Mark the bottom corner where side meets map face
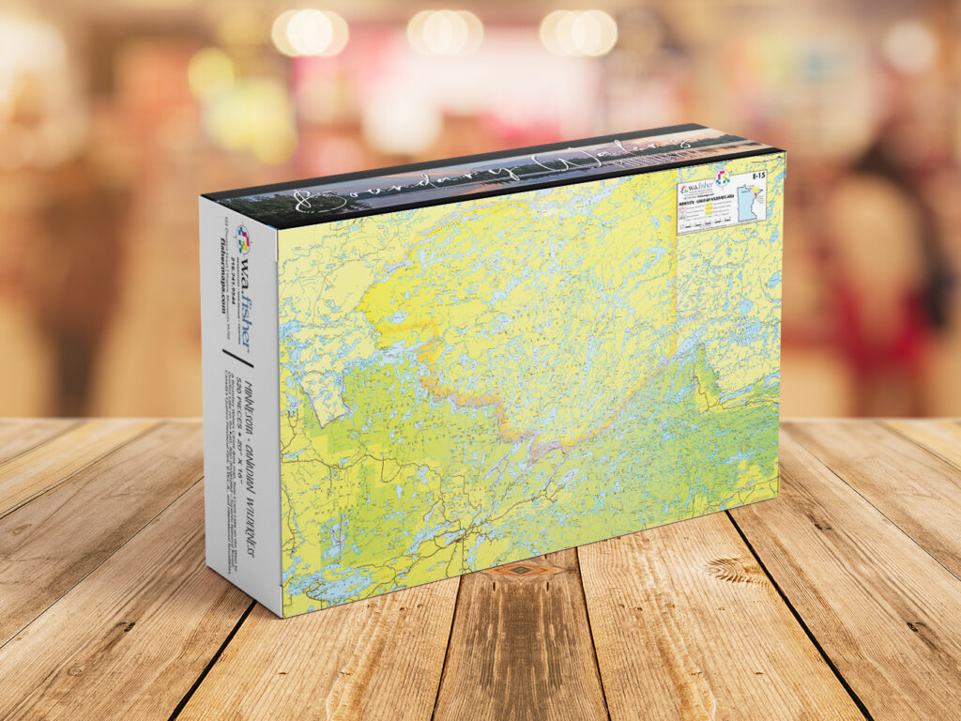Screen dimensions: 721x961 (282, 616)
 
